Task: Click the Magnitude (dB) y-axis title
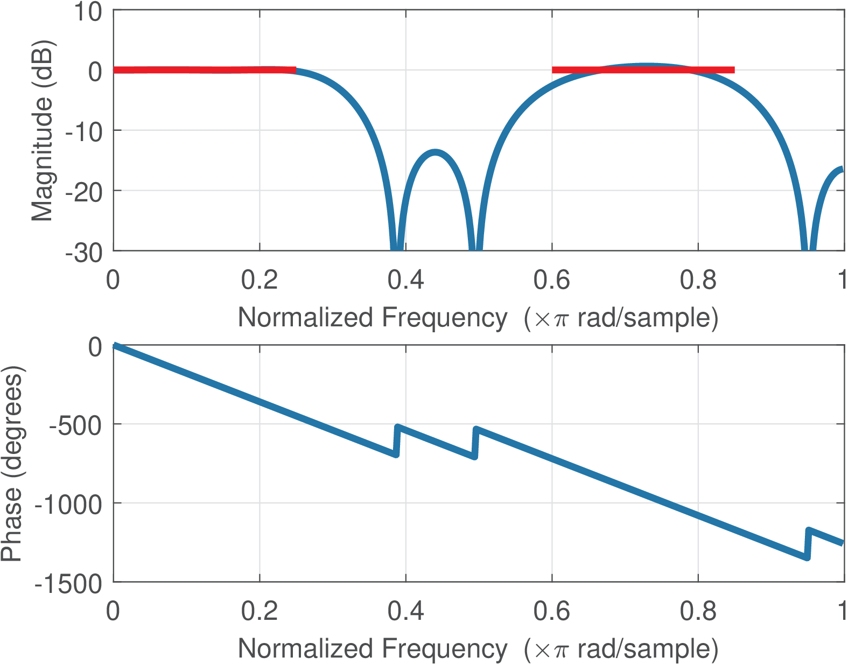click(42, 130)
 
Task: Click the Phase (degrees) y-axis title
click(12, 463)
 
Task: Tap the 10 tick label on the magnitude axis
click(87, 12)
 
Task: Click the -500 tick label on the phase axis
click(75, 425)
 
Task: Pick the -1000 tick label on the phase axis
click(68, 505)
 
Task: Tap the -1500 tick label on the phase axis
click(68, 584)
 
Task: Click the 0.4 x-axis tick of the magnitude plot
click(405, 280)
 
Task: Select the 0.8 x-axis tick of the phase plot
click(698, 611)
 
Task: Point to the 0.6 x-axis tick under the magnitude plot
click(551, 280)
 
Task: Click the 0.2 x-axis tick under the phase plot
click(259, 611)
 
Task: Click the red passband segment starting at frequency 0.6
click(643, 69)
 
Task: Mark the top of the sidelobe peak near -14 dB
click(435, 152)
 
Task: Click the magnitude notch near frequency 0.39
click(397, 245)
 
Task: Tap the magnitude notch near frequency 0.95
click(808, 245)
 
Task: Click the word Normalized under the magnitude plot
click(305, 318)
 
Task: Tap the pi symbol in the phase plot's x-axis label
click(560, 650)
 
